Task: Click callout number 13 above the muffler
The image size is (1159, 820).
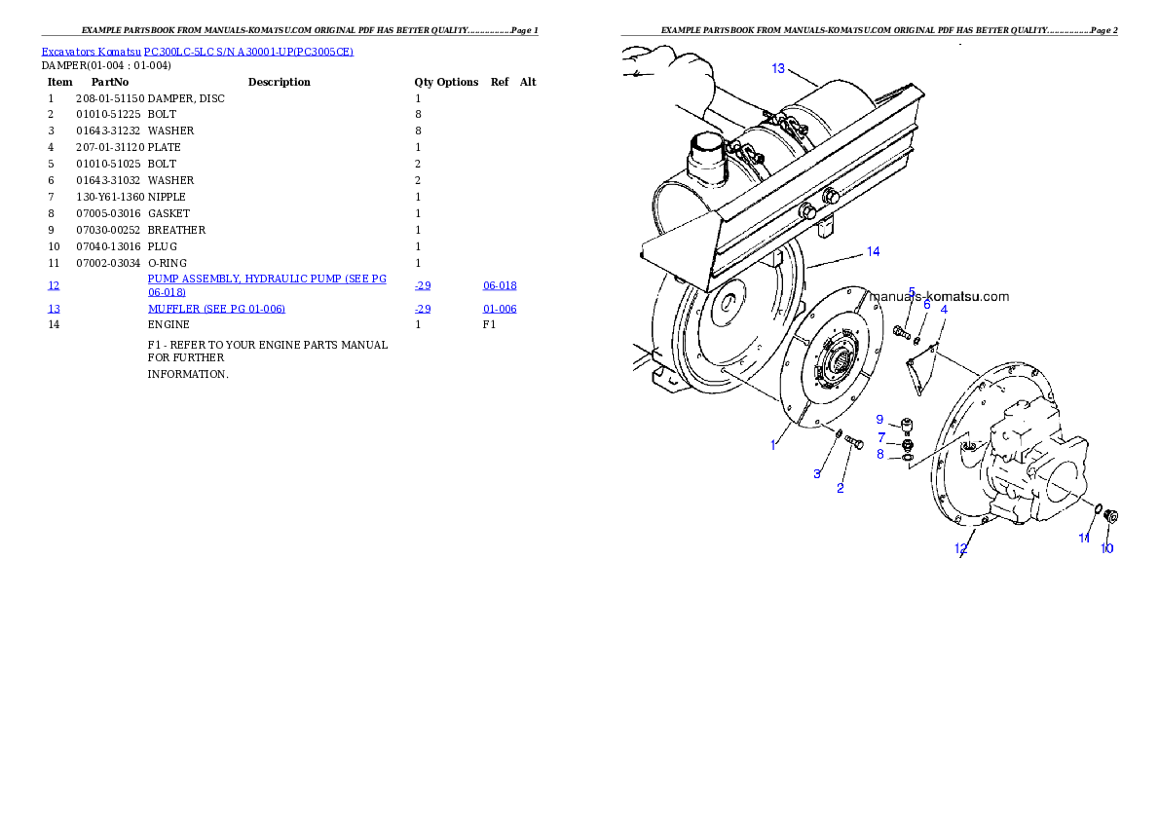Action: pos(778,68)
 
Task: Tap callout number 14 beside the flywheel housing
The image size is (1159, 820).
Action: pos(874,252)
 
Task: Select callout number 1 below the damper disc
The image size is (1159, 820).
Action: pos(774,444)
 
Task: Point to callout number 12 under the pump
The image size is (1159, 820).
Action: pos(961,548)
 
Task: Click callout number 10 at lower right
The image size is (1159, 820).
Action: pos(1107,548)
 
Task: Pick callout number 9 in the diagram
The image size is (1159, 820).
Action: pos(879,420)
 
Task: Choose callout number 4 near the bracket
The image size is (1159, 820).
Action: pos(944,309)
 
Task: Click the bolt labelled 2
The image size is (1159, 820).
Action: pos(854,443)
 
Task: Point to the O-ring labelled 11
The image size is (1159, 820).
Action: pos(1097,508)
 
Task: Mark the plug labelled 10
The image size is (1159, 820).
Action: pos(1113,516)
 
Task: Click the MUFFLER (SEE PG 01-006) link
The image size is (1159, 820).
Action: pos(216,309)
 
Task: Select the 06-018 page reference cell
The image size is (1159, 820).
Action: pos(500,286)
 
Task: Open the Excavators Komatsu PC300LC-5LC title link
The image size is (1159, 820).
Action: pos(197,51)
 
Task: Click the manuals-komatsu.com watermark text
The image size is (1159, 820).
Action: pos(939,297)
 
